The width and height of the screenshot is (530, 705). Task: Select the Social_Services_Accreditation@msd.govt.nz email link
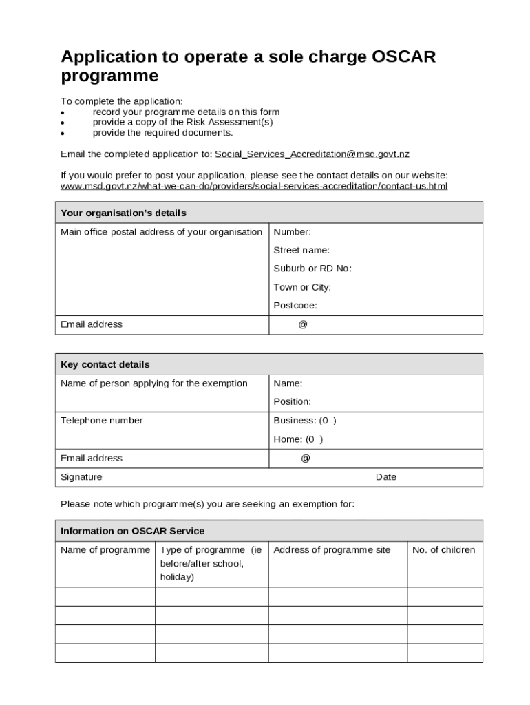(x=312, y=154)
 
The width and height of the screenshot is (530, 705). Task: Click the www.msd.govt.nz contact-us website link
(x=253, y=187)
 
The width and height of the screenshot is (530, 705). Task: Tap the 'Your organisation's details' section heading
(x=123, y=213)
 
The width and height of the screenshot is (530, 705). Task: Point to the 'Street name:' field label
(x=301, y=251)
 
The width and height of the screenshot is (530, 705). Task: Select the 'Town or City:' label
(x=301, y=288)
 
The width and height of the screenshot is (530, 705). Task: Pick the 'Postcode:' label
(x=295, y=306)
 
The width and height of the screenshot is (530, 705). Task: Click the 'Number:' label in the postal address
(x=292, y=232)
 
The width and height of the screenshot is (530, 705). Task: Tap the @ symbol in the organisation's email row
(x=303, y=325)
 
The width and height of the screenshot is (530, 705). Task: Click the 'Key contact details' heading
(x=105, y=365)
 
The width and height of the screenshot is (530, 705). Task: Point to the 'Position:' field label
(x=292, y=402)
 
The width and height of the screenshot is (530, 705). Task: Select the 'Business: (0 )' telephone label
(x=304, y=421)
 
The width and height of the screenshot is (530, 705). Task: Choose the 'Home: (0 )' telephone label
(x=297, y=439)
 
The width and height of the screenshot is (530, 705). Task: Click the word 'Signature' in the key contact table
(x=81, y=477)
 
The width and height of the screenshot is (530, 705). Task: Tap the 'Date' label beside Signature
(x=385, y=477)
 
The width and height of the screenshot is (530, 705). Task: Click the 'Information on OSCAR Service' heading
(x=132, y=532)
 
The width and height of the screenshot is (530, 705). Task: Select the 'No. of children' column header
(x=443, y=550)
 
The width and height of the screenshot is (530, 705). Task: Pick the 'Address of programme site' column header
(x=331, y=550)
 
